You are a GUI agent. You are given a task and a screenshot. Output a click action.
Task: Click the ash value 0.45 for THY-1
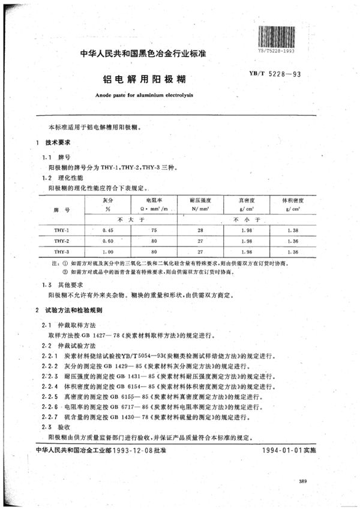[108, 230]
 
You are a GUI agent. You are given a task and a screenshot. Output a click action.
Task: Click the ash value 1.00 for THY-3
[108, 252]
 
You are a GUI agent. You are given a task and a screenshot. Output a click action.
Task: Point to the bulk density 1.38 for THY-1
[292, 230]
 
